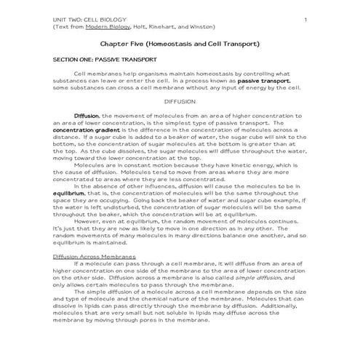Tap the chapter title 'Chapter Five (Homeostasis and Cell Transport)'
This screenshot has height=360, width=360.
click(x=180, y=44)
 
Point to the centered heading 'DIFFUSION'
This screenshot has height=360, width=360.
click(x=180, y=101)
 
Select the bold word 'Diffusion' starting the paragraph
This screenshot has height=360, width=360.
click(x=87, y=115)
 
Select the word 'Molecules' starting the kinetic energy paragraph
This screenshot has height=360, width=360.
click(x=89, y=164)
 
